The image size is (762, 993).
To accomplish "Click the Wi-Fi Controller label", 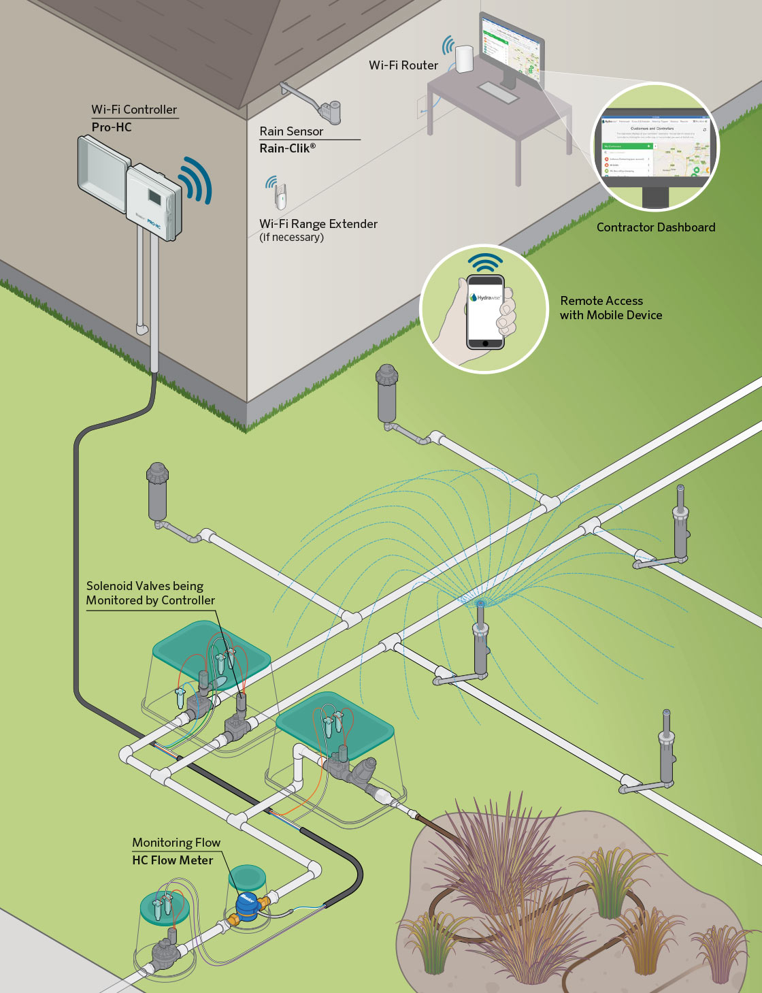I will tap(134, 110).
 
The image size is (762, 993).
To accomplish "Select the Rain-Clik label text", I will tap(287, 148).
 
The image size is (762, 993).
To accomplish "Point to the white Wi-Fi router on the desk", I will tap(465, 59).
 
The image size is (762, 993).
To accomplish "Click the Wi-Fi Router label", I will tap(403, 65).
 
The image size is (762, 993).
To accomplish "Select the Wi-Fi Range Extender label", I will tap(318, 224).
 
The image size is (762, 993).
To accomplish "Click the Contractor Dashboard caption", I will tap(656, 227).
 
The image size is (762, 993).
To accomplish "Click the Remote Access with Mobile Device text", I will tap(610, 308).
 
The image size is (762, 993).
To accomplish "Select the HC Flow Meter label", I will tap(172, 860).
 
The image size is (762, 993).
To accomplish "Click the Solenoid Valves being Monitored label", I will tap(150, 593).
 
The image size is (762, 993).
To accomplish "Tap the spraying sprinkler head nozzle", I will tap(481, 604).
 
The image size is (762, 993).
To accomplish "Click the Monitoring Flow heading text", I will tap(176, 843).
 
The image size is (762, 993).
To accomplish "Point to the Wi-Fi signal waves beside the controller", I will tap(196, 180).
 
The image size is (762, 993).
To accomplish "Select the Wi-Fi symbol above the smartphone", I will tap(485, 262).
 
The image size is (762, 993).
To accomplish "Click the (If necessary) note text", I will tap(291, 238).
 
